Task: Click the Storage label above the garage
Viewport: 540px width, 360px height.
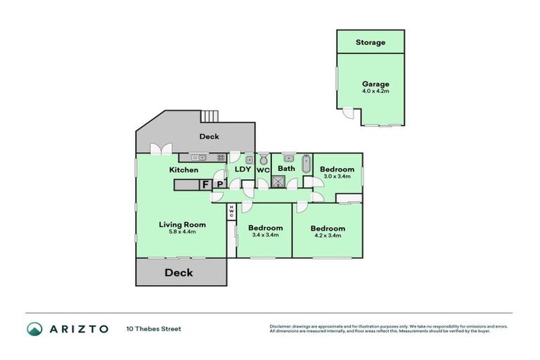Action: tap(370, 42)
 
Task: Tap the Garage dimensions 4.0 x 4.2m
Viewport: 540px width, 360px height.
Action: tap(375, 91)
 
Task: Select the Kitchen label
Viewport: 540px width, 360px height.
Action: tap(184, 170)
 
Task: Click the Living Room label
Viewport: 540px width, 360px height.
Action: tap(181, 225)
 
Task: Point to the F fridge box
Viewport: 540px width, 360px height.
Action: tap(205, 185)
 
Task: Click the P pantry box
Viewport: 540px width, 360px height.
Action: tap(219, 185)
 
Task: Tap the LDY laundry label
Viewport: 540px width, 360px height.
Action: tap(243, 169)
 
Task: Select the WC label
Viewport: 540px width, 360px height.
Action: tap(263, 170)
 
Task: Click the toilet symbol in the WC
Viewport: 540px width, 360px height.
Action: tap(264, 159)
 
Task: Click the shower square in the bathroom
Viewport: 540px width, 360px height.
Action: tap(279, 181)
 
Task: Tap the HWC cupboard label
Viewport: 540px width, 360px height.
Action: tap(231, 211)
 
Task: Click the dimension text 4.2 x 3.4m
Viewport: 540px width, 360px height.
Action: tap(327, 236)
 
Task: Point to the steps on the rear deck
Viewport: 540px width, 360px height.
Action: tap(210, 117)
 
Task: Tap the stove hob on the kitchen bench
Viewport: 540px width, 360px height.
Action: tap(220, 157)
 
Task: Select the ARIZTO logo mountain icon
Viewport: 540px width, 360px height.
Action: tap(35, 328)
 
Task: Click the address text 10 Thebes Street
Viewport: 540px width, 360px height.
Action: tap(153, 328)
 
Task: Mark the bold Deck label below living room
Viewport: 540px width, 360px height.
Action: tap(179, 273)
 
